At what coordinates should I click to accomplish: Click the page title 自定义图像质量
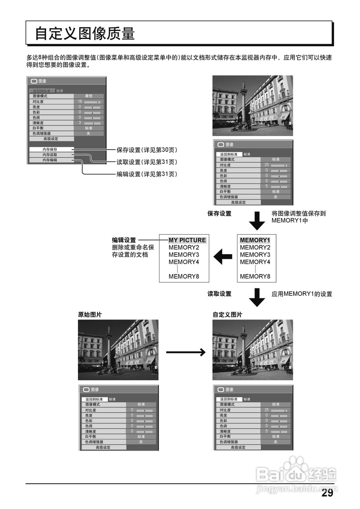point(85,33)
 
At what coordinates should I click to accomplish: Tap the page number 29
point(327,493)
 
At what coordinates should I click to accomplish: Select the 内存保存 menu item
point(50,150)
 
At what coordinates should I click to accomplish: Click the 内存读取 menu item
point(50,155)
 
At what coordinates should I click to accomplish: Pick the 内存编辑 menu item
point(50,160)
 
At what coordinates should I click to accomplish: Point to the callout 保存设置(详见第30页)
point(146,150)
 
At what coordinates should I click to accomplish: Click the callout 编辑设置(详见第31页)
point(146,174)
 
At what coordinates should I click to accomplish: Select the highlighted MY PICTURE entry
point(187,240)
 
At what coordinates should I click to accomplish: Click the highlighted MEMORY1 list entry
point(255,240)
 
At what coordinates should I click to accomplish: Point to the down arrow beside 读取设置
point(257,297)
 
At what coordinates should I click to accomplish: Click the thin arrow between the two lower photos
point(185,352)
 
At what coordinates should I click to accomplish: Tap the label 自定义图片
point(228,315)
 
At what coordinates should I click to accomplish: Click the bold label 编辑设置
point(124,240)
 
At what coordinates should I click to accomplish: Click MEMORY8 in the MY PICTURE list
point(184,276)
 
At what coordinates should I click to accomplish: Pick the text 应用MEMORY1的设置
point(302,294)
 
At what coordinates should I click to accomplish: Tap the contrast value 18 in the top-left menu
point(80,102)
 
